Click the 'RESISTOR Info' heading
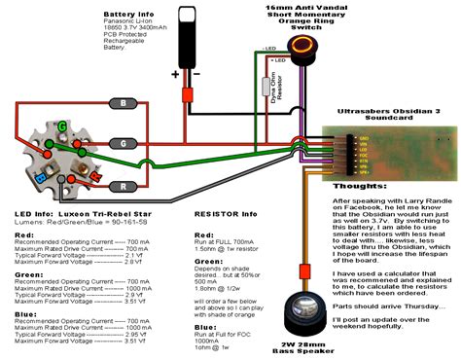point(225,213)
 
